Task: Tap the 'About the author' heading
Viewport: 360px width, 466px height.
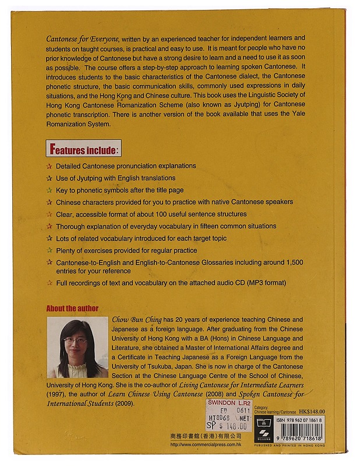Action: coord(72,308)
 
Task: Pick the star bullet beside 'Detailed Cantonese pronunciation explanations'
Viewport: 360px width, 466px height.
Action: coord(49,166)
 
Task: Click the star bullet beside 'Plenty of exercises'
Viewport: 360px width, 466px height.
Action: coord(49,250)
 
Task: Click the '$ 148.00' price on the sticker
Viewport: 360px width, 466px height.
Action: coord(235,426)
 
